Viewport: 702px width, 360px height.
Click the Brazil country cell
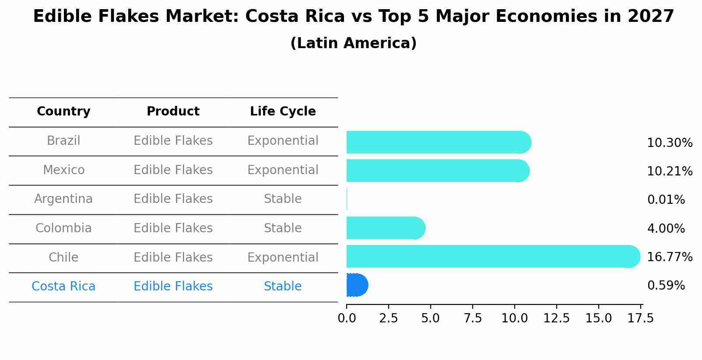click(x=63, y=141)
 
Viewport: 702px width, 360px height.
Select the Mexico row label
click(x=63, y=170)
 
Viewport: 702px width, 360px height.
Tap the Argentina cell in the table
click(x=63, y=199)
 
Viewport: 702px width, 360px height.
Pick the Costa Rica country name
click(x=63, y=287)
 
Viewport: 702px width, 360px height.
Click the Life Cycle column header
click(x=283, y=112)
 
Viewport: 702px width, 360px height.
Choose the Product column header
click(x=173, y=112)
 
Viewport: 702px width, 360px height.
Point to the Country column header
click(x=63, y=112)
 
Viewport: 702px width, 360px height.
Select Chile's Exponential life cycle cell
click(x=283, y=258)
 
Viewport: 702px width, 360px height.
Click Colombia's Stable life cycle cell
click(x=283, y=228)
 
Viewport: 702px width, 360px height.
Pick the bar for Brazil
click(x=438, y=142)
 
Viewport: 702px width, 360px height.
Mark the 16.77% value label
click(x=669, y=257)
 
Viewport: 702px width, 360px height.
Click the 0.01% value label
click(x=666, y=200)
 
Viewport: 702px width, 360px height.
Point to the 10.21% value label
click(x=669, y=171)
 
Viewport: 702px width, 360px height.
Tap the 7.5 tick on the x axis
click(x=472, y=318)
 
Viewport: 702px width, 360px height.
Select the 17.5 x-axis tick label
click(x=641, y=318)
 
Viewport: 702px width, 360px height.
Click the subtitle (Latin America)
click(x=353, y=43)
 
